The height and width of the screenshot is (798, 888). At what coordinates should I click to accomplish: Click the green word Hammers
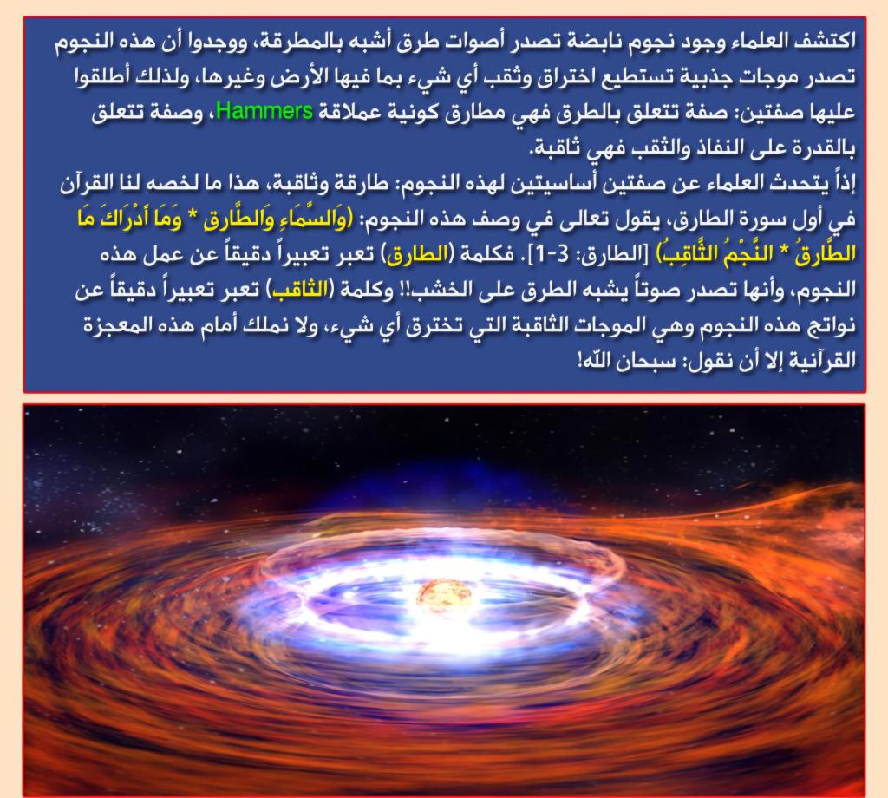coord(264,111)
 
